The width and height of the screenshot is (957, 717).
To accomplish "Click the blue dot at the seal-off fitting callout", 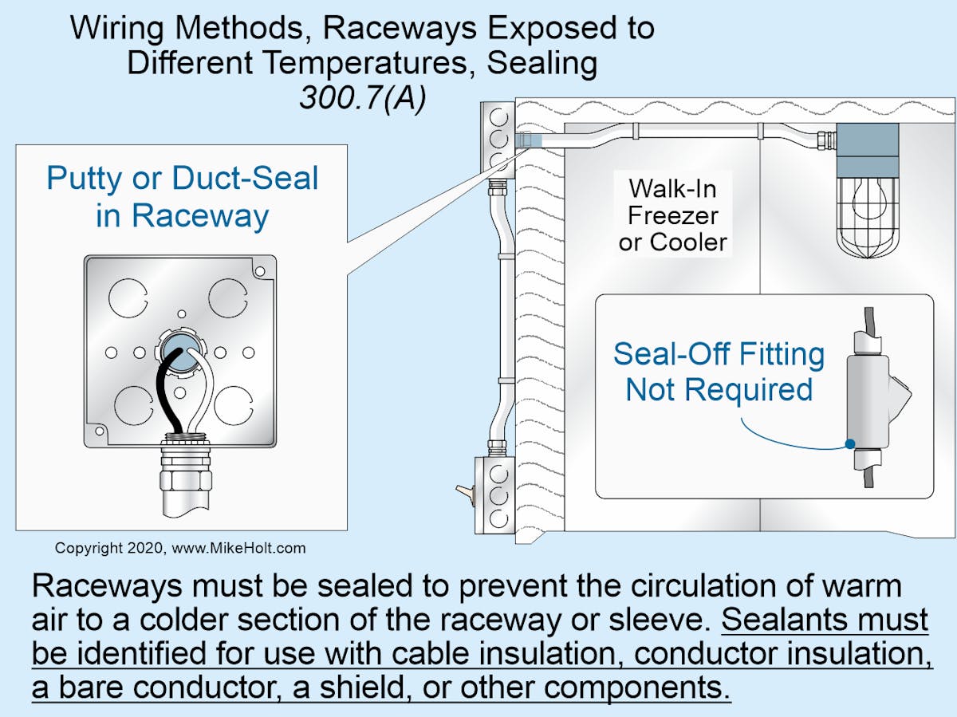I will click(x=851, y=443).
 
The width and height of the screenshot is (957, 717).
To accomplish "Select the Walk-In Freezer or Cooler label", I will click(x=673, y=215).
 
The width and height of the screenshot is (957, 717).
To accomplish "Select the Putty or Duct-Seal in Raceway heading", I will click(x=182, y=196).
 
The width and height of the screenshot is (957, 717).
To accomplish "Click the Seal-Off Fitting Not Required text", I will click(x=719, y=372).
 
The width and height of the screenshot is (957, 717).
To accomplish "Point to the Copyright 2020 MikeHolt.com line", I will click(x=179, y=549).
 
